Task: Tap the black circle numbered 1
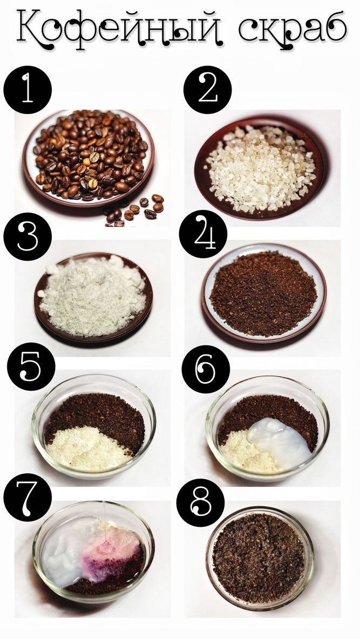click(28, 90)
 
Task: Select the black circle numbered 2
click(207, 90)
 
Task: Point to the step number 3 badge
click(28, 236)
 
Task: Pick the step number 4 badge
click(203, 234)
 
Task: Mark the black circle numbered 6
click(206, 369)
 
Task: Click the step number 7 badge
click(28, 497)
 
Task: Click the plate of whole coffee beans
click(89, 158)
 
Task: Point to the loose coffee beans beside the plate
click(134, 210)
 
